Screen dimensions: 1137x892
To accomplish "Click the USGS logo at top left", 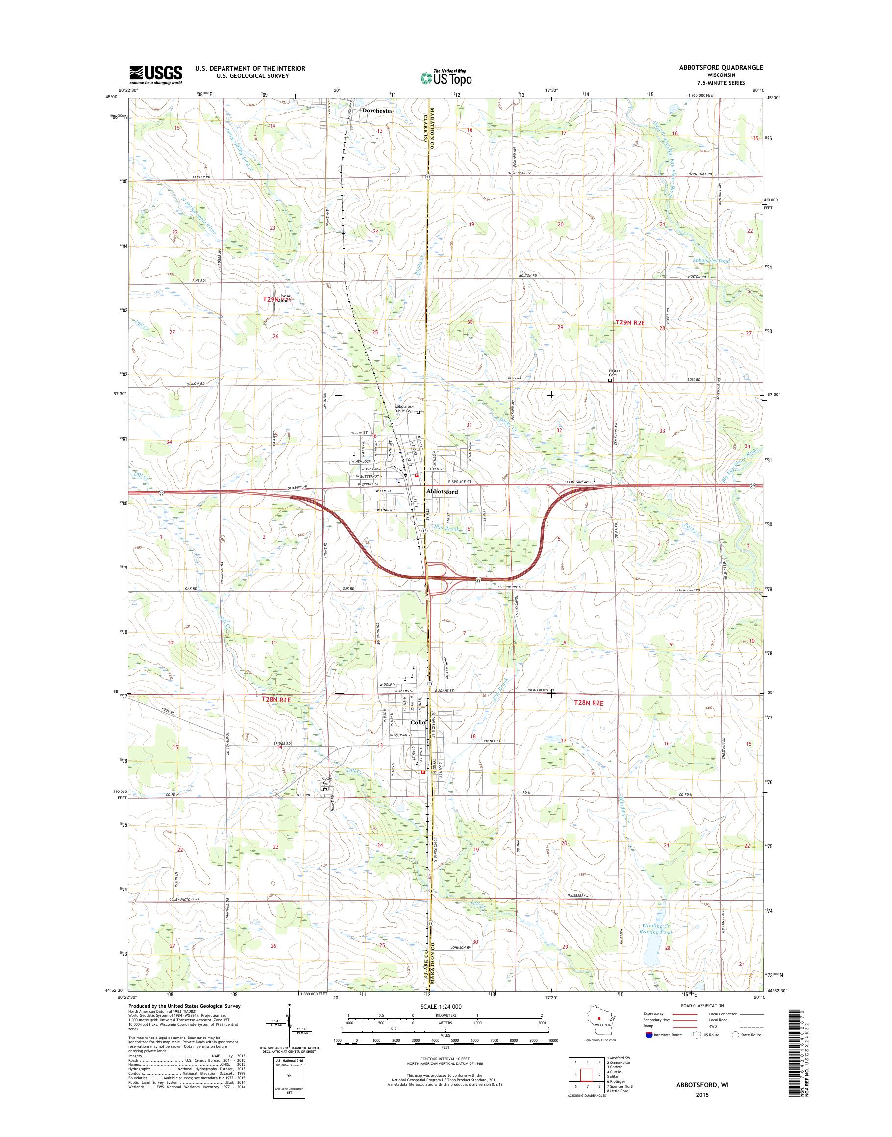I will pos(156,74).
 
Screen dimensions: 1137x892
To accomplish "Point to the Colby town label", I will pos(419,723).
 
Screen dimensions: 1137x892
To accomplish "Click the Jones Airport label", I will pos(285,299).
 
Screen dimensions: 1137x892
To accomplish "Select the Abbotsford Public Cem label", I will pos(406,409).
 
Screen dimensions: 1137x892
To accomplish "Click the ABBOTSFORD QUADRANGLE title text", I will pos(719,67).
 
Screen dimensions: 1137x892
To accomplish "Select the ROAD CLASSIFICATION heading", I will pos(702,1005).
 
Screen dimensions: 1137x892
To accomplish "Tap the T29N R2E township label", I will pos(630,323).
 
